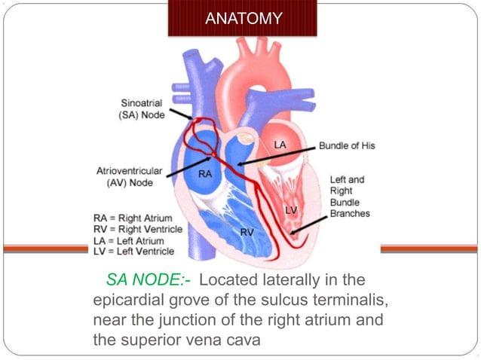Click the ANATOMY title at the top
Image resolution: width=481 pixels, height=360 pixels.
coord(244,17)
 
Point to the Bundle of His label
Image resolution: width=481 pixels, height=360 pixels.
coord(346,145)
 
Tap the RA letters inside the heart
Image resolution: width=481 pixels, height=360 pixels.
coord(204,174)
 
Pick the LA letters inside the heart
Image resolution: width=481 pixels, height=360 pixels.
coord(278,143)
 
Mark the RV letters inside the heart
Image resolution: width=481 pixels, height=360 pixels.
coord(247,232)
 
